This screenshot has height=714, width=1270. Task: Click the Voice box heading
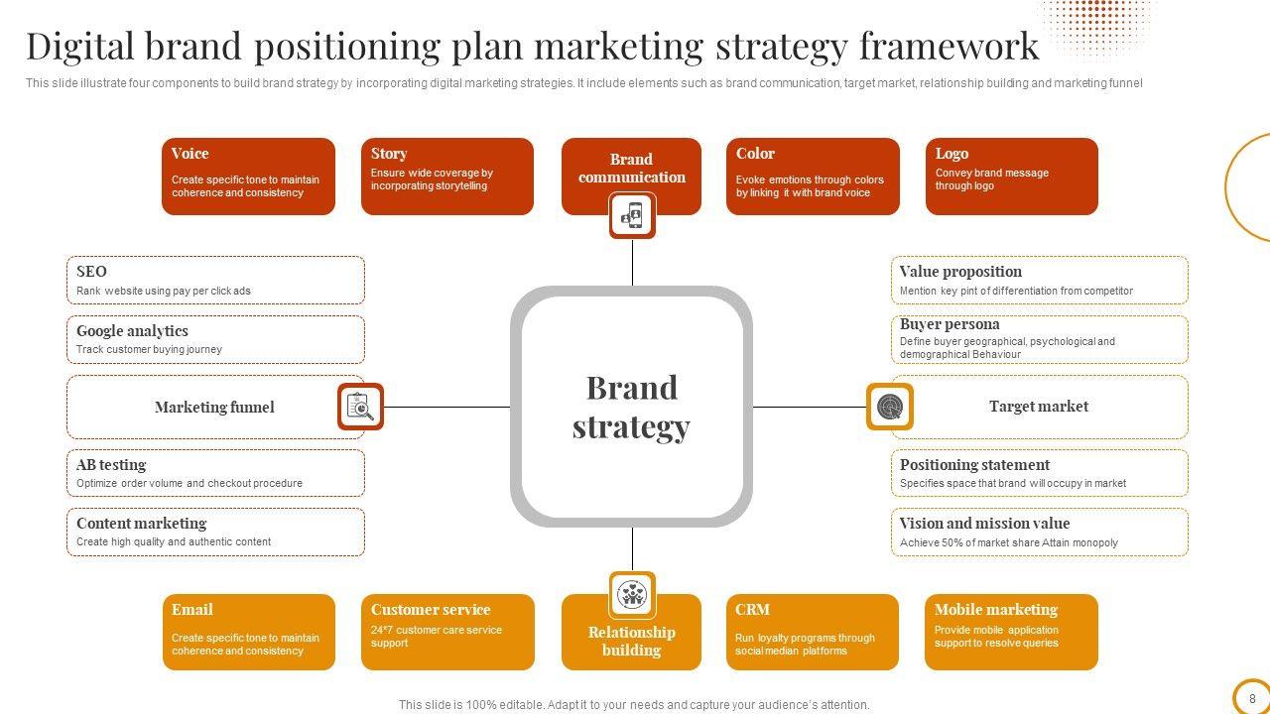(190, 154)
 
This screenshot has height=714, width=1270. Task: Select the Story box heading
(389, 154)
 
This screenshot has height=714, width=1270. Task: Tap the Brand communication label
(632, 169)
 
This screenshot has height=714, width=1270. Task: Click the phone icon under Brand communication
(632, 215)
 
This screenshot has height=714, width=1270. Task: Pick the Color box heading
(755, 154)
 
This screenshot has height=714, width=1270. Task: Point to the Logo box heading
(952, 154)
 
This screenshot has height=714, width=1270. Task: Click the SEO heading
(91, 272)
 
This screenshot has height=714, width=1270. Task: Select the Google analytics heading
(132, 331)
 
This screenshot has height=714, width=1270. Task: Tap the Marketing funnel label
(214, 407)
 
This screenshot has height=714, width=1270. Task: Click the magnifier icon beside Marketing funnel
(360, 407)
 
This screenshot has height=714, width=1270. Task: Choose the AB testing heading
(111, 465)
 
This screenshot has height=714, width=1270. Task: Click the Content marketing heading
(141, 524)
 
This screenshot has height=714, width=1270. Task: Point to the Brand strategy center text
(631, 407)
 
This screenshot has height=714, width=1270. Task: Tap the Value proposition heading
(960, 272)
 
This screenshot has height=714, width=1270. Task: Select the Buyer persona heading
(950, 324)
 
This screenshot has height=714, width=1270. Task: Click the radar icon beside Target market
(889, 407)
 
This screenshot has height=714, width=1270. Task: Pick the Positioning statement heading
(974, 465)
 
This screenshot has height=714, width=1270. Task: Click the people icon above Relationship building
(632, 594)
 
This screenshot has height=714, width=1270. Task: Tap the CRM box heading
(752, 610)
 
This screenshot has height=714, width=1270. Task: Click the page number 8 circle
(1252, 698)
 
